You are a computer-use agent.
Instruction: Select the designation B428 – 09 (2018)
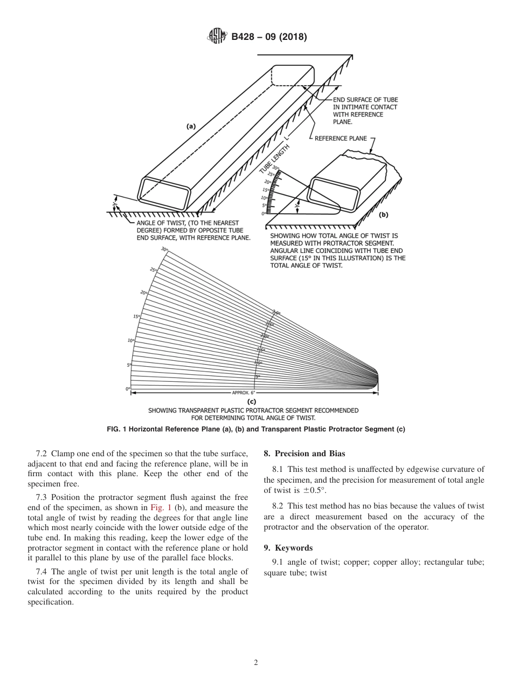[x=268, y=37]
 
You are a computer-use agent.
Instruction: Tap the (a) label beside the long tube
[x=191, y=126]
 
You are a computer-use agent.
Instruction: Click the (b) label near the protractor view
[x=383, y=214]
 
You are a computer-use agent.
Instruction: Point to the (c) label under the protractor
[x=251, y=401]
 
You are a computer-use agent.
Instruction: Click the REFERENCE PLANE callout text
[x=341, y=139]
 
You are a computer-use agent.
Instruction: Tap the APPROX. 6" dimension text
[x=244, y=393]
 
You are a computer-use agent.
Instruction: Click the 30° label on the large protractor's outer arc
[x=164, y=249]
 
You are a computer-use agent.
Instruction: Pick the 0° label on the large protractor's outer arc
[x=128, y=388]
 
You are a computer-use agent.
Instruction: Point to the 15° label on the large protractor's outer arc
[x=136, y=316]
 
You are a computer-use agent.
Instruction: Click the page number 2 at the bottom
[x=255, y=663]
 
